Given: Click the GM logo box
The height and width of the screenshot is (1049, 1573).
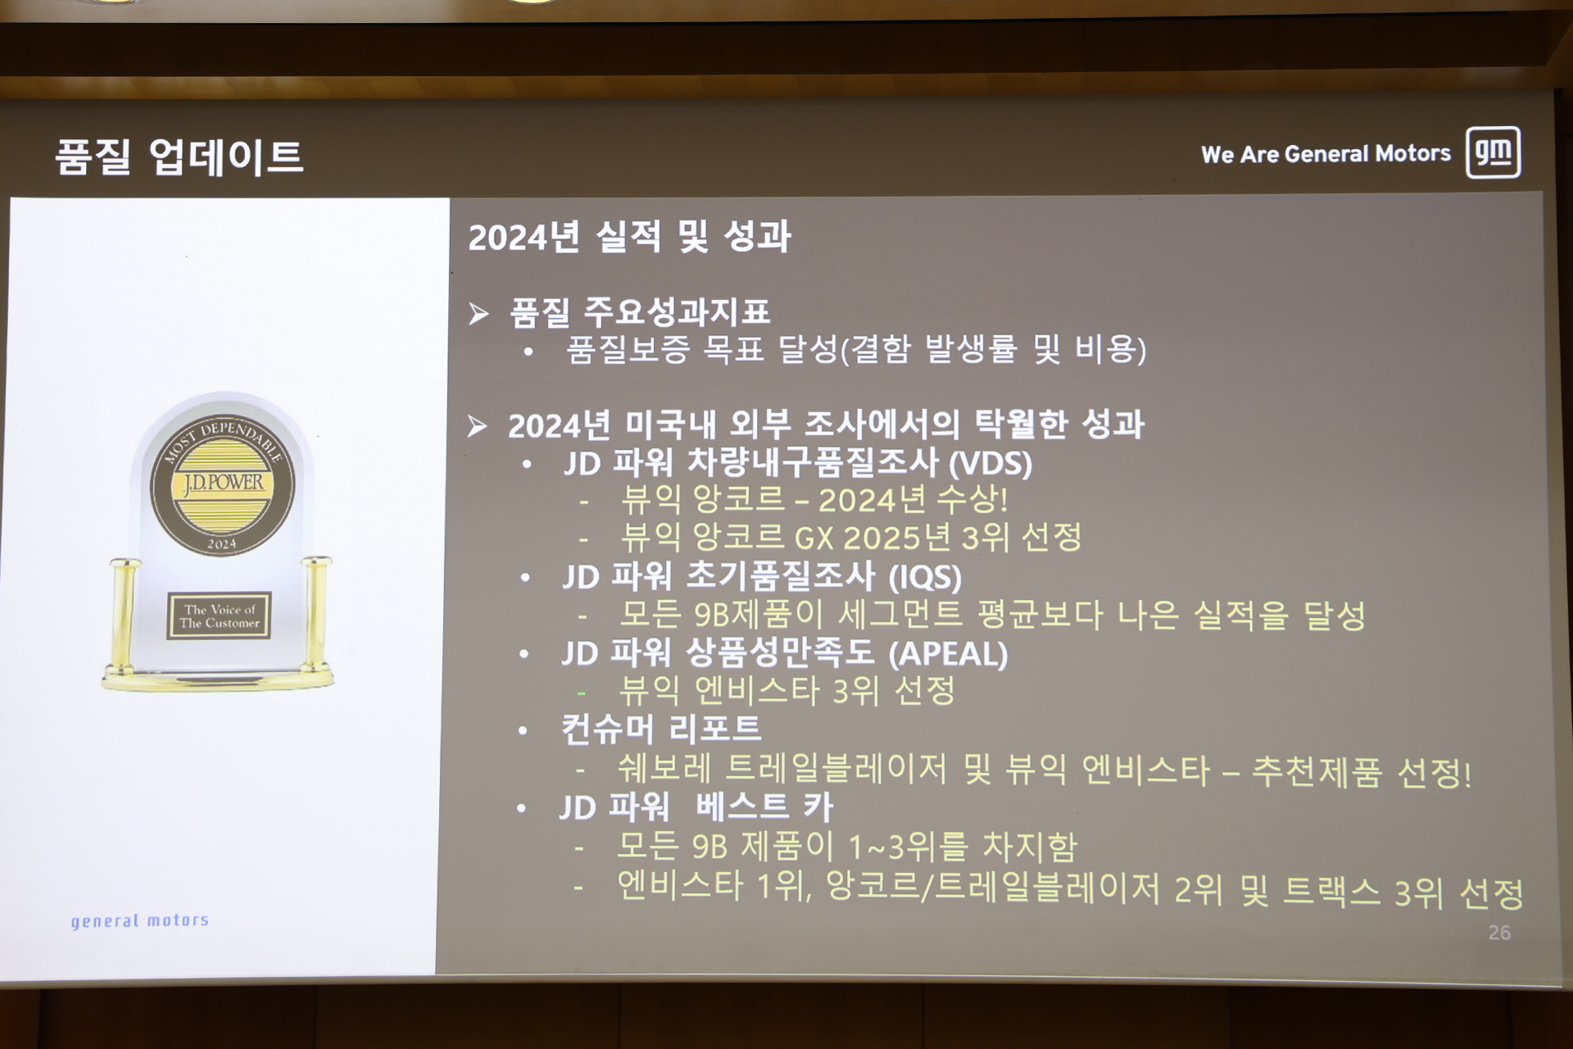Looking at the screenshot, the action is pos(1494,152).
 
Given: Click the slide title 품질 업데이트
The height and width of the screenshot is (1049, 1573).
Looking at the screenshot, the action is pos(179,157).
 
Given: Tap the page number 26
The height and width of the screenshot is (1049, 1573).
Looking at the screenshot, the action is pos(1499,933).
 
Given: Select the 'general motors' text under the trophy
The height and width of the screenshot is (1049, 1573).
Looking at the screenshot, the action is pos(140,921).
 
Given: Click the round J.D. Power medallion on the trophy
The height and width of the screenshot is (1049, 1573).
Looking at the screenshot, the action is pos(222,487).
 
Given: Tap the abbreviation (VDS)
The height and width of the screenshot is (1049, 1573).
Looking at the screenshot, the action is pos(990,464).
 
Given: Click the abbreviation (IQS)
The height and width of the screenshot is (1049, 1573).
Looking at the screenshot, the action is pos(926,577).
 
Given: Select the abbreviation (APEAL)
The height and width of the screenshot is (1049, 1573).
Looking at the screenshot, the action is pos(948,654).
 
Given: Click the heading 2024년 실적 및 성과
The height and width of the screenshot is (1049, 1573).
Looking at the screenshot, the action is pos(629,237).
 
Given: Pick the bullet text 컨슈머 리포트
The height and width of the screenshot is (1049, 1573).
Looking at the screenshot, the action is pos(661,729).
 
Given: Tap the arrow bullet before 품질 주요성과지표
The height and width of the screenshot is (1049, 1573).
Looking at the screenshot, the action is pos(478,313).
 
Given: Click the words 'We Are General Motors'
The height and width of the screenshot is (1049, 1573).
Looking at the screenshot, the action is pos(1326,154).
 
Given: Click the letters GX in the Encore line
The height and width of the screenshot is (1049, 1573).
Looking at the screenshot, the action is pos(814,538).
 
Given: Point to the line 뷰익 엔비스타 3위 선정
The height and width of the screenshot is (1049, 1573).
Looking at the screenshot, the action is pos(787,691).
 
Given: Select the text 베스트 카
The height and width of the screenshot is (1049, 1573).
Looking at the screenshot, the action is pos(764,806).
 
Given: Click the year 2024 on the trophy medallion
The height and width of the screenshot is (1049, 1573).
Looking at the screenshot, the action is pos(221,543).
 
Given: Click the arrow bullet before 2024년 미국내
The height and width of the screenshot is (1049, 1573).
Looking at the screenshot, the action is pos(477,426).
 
